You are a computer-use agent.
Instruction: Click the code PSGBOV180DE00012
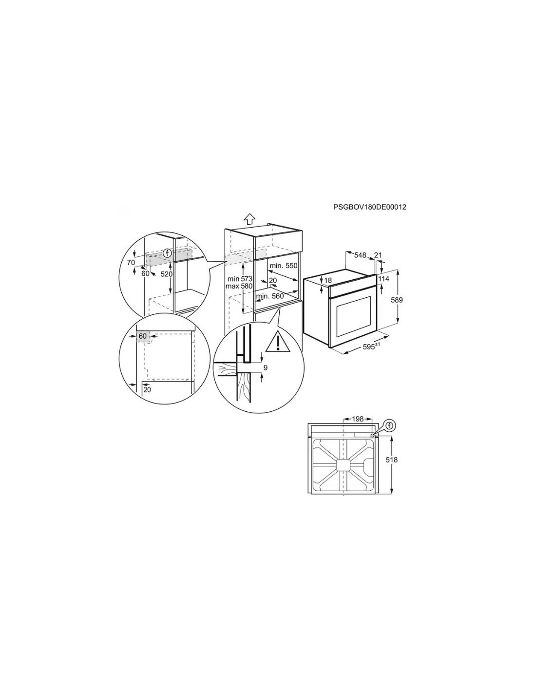369,207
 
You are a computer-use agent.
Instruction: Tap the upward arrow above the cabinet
249,219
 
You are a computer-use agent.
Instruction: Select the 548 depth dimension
360,255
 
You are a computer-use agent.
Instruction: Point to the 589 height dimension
397,300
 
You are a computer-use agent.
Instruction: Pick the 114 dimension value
383,279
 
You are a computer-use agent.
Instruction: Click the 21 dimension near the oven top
378,255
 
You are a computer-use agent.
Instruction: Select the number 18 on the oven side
328,280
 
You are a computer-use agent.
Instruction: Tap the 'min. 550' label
284,266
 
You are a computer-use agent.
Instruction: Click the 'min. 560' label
270,296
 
